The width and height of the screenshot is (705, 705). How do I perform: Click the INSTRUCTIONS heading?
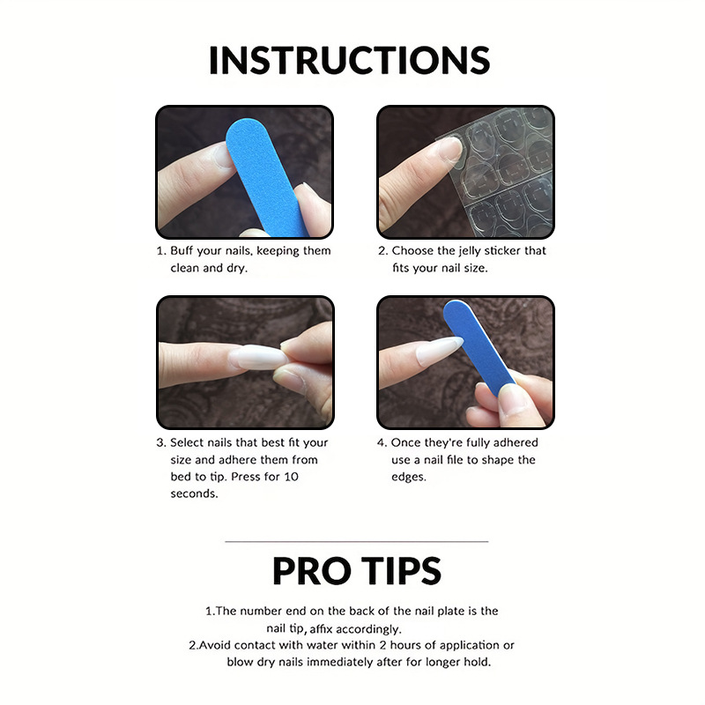349,60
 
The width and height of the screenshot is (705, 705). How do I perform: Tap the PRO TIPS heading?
357,570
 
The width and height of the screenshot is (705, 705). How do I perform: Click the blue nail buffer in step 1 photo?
267,176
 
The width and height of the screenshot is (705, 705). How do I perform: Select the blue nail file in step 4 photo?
479,347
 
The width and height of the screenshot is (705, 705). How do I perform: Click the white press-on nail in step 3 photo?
258,357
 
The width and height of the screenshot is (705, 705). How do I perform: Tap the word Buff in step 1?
182,250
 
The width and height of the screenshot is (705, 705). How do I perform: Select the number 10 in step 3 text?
291,477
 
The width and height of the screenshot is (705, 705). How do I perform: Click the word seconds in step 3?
194,493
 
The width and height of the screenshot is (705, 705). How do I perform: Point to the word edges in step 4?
408,477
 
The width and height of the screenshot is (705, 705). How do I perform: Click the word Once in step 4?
405,443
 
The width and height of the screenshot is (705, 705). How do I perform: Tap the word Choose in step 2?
412,250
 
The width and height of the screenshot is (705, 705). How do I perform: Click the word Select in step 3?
187,443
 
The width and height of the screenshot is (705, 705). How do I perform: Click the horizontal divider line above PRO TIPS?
357,542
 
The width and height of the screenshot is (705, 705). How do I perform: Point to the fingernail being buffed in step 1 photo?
222,156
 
